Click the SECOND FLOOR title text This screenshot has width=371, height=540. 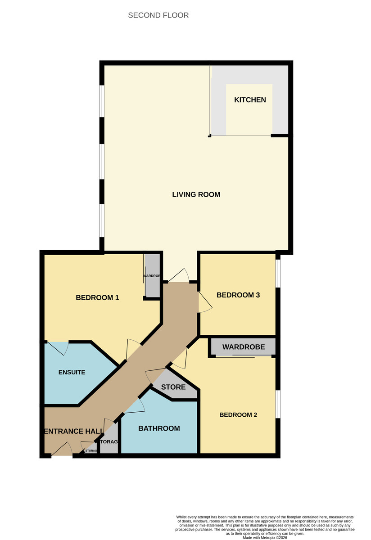click(x=158, y=15)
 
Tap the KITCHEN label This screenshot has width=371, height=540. click(x=250, y=100)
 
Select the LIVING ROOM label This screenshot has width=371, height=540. click(x=196, y=195)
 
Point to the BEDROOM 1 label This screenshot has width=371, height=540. click(x=97, y=297)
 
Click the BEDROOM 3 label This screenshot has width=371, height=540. click(x=238, y=295)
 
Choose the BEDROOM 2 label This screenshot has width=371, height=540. click(x=238, y=415)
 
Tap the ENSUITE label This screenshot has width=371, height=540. click(x=72, y=372)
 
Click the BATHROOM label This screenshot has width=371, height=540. click(x=159, y=428)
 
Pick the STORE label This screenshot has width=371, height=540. click(x=173, y=387)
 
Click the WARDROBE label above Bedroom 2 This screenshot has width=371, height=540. click(x=243, y=347)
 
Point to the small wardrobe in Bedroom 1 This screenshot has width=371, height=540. click(x=152, y=275)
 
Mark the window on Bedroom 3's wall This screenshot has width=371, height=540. click(x=278, y=272)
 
